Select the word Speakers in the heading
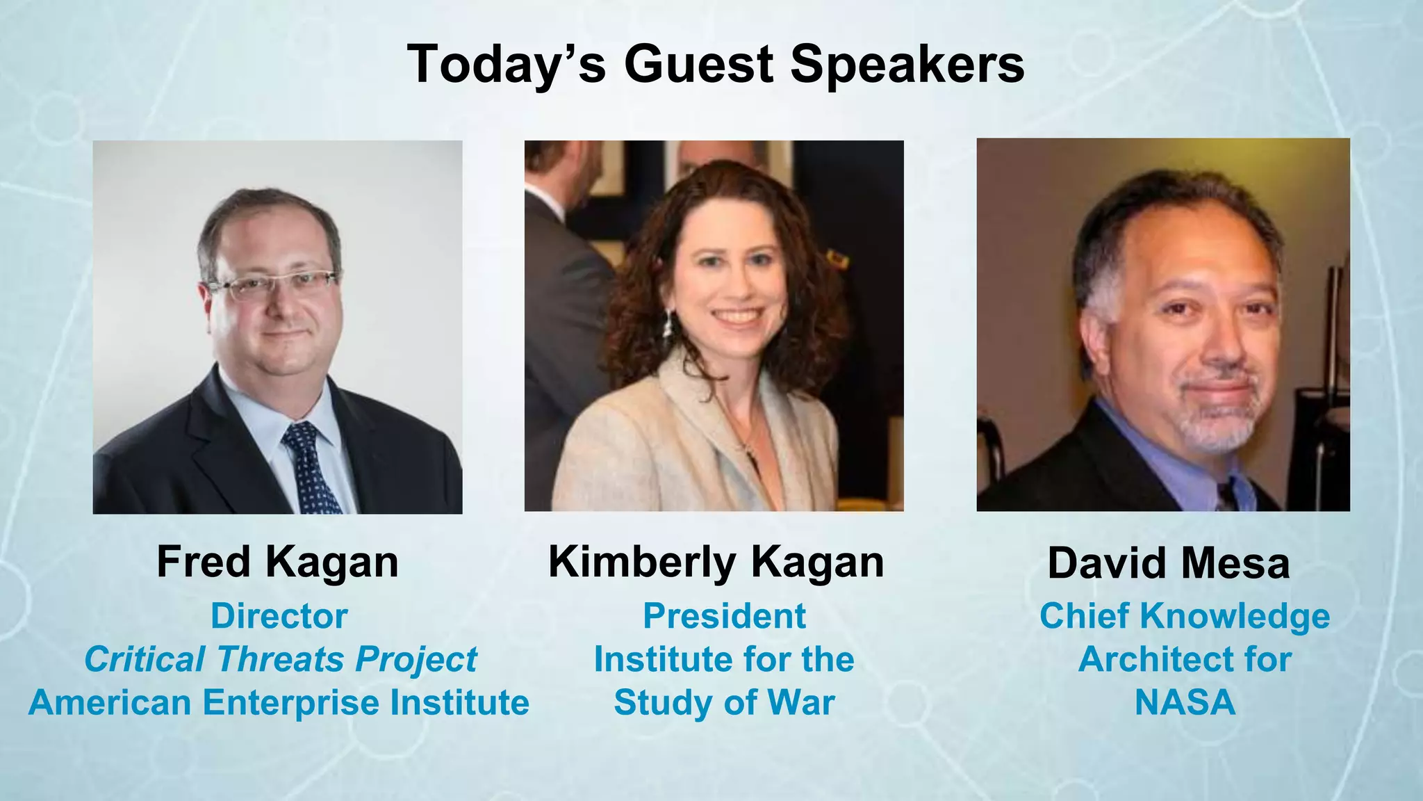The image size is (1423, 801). [907, 64]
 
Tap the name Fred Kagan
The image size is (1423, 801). [277, 562]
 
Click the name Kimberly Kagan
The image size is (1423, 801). [716, 562]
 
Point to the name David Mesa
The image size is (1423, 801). [1169, 563]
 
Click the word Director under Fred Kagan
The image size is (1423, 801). [279, 616]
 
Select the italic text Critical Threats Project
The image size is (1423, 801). [280, 659]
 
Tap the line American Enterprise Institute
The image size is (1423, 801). [279, 702]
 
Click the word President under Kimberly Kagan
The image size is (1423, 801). [724, 616]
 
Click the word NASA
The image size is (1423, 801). [1185, 702]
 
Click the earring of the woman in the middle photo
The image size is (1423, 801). [668, 324]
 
